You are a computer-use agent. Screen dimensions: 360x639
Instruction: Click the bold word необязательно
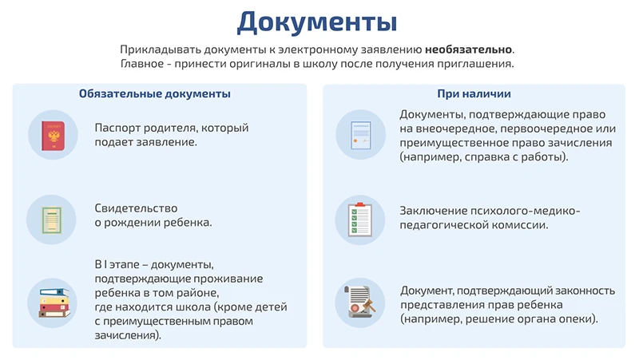click(469, 49)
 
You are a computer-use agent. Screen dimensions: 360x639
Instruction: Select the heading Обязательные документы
click(155, 93)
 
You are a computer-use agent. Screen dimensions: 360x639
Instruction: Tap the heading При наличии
click(474, 93)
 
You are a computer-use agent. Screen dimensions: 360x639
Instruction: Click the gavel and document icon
click(360, 303)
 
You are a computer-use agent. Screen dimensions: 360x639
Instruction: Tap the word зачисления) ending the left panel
click(128, 335)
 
